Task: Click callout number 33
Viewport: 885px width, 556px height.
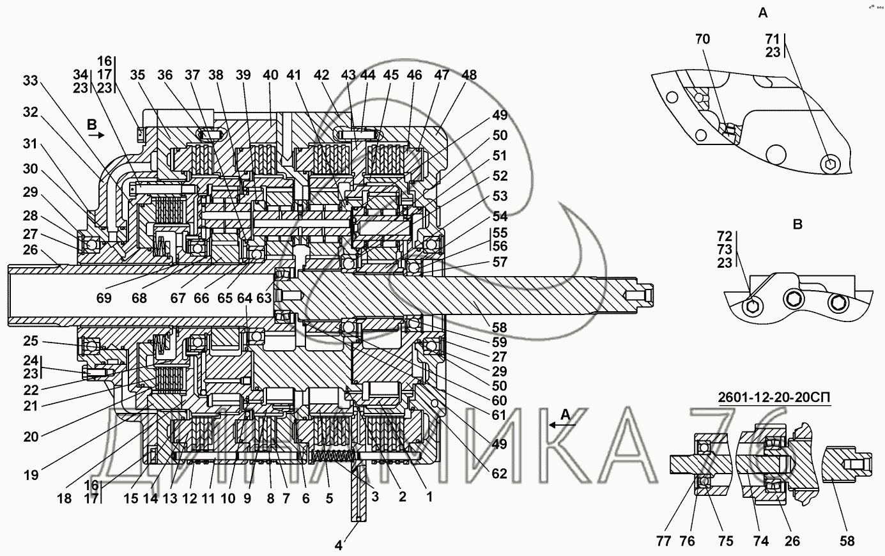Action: (30, 81)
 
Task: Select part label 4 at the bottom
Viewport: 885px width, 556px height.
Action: (339, 545)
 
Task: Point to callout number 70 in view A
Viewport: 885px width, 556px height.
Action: (702, 39)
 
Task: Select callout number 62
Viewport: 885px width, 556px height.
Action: (499, 474)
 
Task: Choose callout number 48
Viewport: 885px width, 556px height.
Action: (469, 75)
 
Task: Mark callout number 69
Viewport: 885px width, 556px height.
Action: (104, 298)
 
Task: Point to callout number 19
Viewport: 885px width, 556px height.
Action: (31, 475)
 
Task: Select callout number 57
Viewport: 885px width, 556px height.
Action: (499, 262)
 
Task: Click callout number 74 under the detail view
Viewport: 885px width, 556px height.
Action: (760, 541)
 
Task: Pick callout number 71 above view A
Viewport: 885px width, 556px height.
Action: (773, 39)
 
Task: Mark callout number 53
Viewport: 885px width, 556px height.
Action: (499, 195)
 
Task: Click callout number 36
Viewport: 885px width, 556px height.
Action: (165, 75)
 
